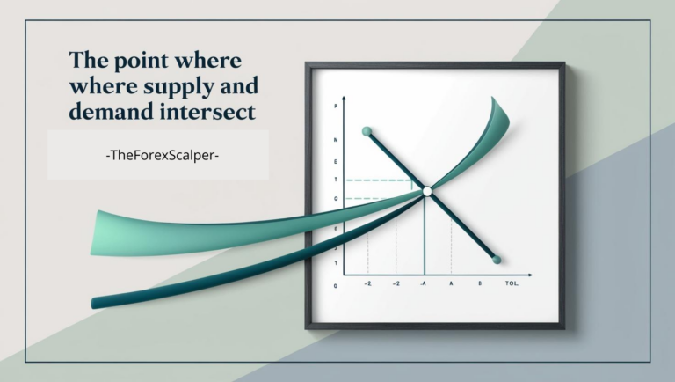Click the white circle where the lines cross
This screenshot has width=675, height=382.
pyautogui.click(x=426, y=191)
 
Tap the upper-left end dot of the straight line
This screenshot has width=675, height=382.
pyautogui.click(x=367, y=132)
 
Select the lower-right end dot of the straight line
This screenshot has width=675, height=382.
pyautogui.click(x=497, y=260)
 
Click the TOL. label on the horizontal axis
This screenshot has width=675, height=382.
pyautogui.click(x=513, y=285)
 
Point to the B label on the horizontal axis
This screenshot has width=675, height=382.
pyautogui.click(x=480, y=285)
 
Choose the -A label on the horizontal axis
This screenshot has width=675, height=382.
pyautogui.click(x=424, y=285)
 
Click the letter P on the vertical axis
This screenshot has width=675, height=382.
pyautogui.click(x=335, y=107)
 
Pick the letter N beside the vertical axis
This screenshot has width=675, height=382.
pyautogui.click(x=335, y=141)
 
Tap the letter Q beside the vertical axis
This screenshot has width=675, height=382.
pyautogui.click(x=335, y=199)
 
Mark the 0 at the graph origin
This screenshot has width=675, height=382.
pyautogui.click(x=335, y=286)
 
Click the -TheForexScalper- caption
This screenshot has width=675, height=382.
pyautogui.click(x=158, y=155)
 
